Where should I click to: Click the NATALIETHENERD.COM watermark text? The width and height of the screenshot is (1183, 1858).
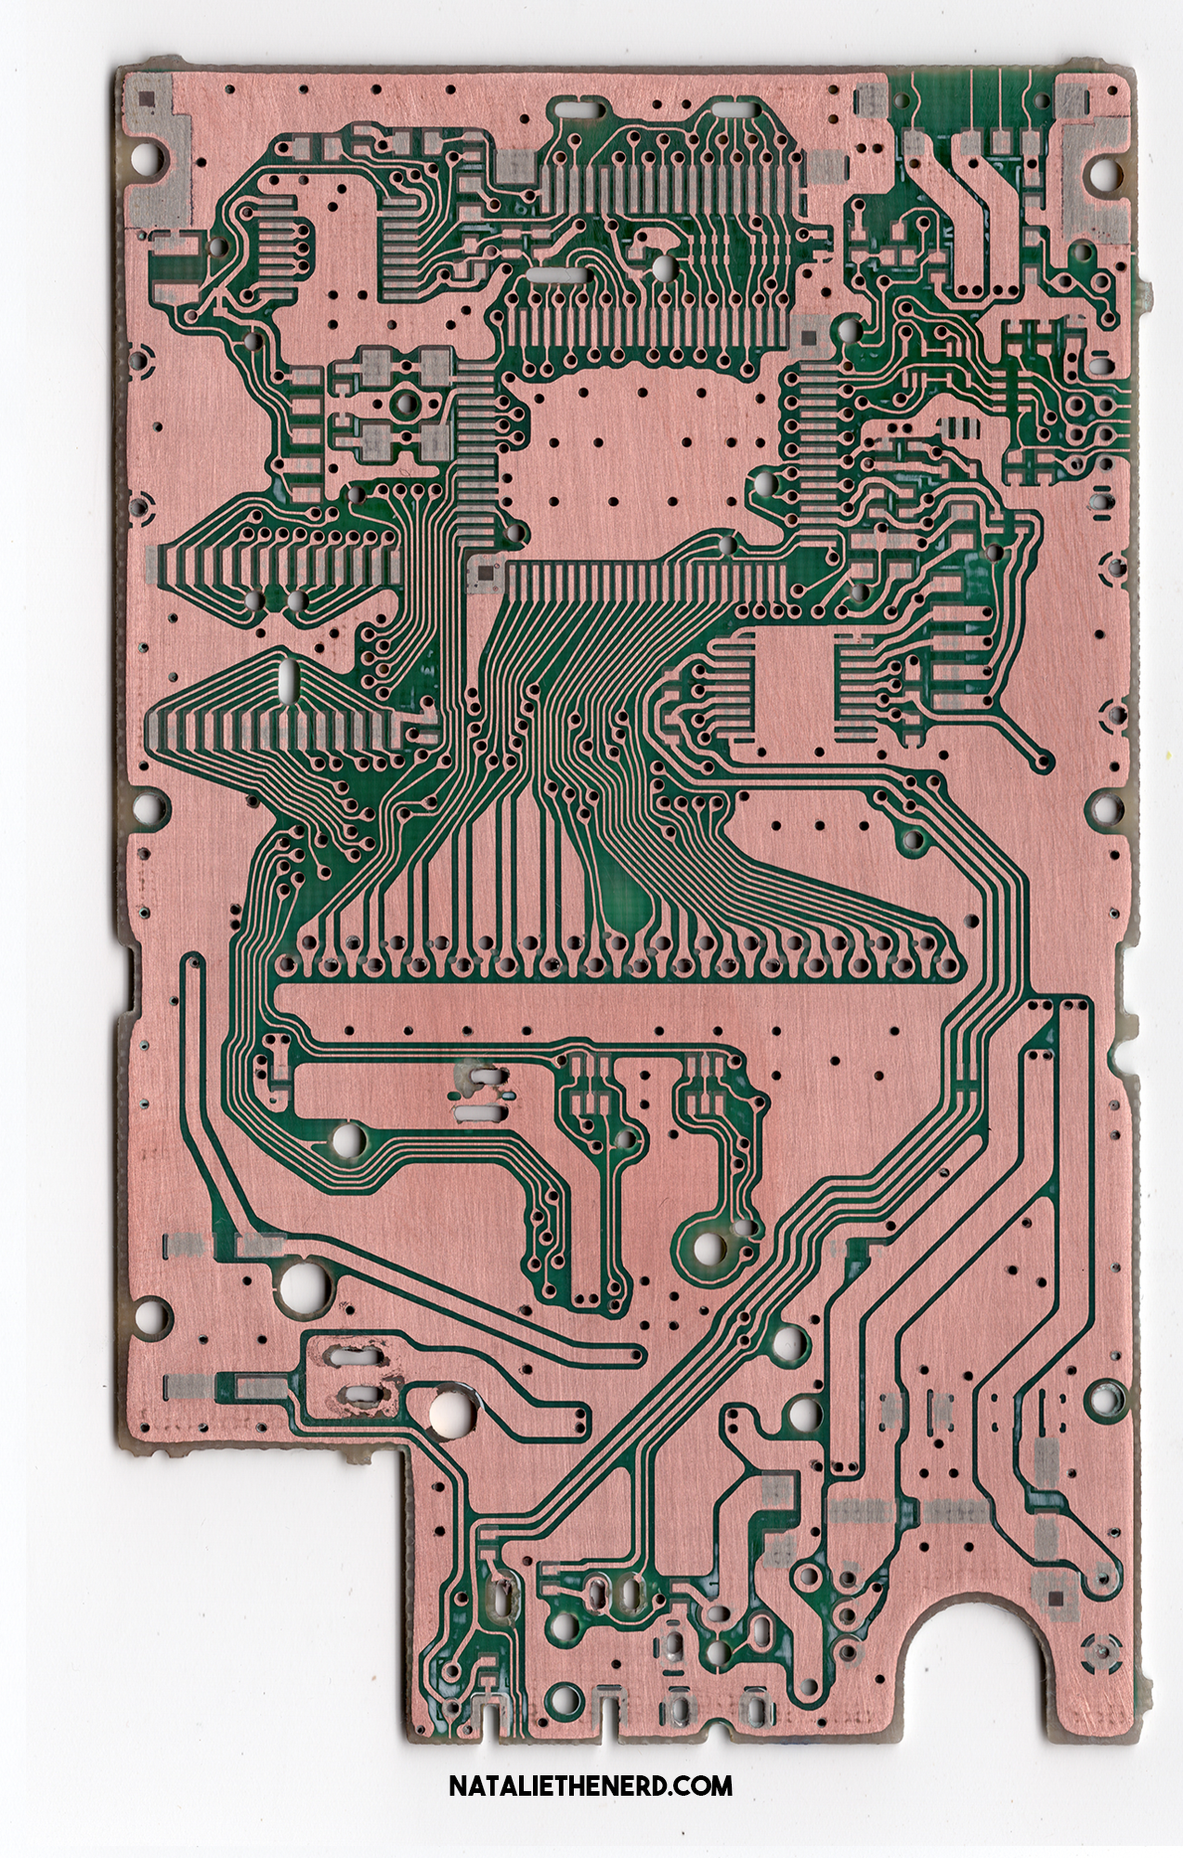(x=591, y=1785)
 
